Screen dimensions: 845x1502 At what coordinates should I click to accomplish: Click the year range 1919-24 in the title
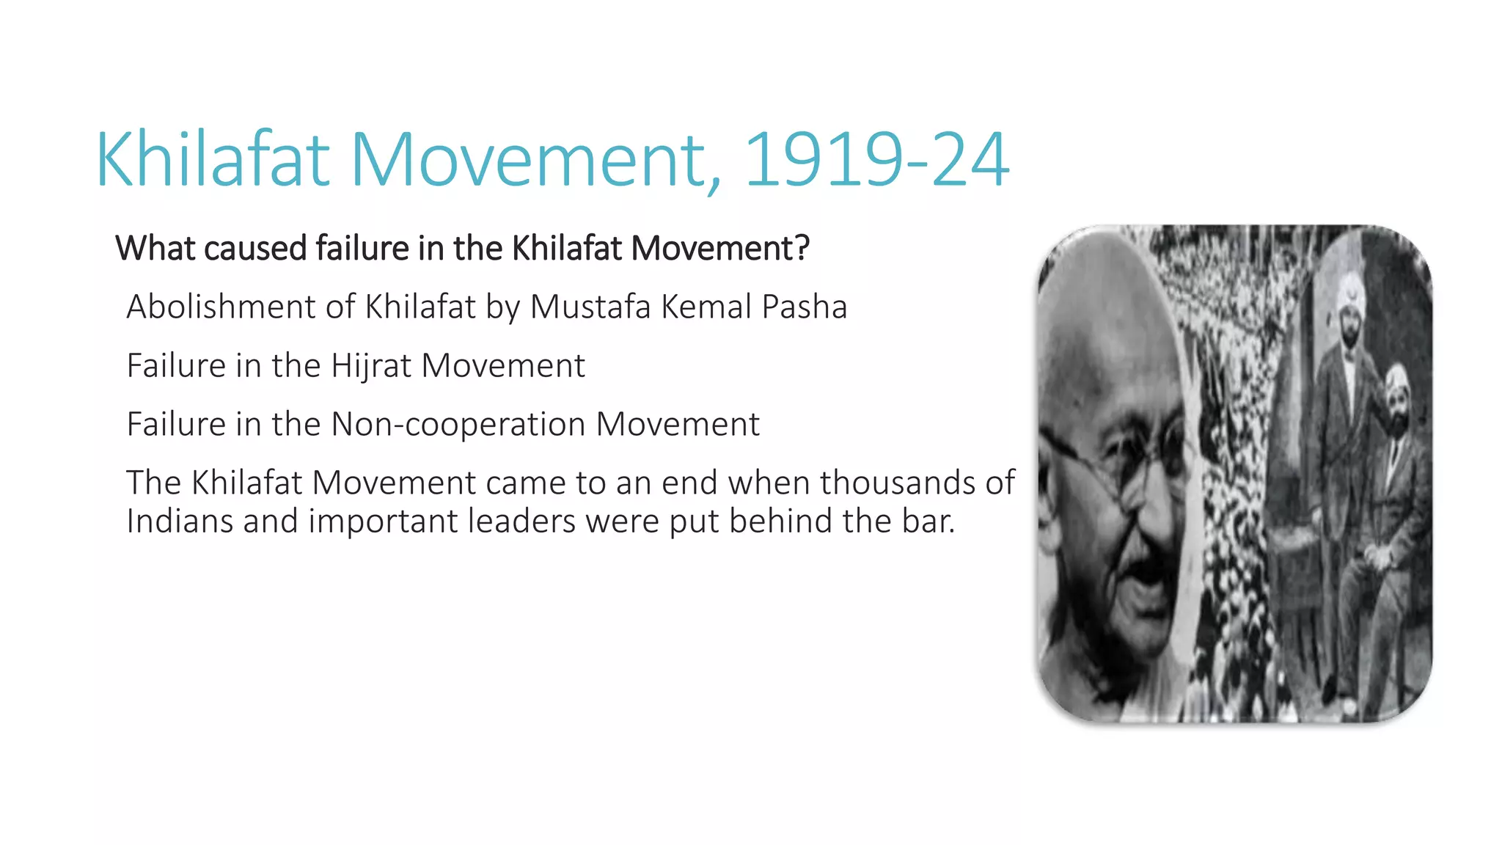click(x=876, y=160)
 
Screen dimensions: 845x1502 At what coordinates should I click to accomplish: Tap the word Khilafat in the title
click(x=213, y=160)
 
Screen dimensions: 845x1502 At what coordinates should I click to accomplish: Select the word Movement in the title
click(x=535, y=160)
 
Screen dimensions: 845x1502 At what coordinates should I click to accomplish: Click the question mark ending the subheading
click(x=802, y=248)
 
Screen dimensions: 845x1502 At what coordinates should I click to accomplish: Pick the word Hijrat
click(x=372, y=365)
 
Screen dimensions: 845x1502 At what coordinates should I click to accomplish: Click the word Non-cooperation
click(x=458, y=424)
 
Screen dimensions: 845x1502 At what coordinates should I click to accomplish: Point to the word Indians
click(x=180, y=521)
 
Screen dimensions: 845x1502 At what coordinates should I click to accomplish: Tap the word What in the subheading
click(x=155, y=248)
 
